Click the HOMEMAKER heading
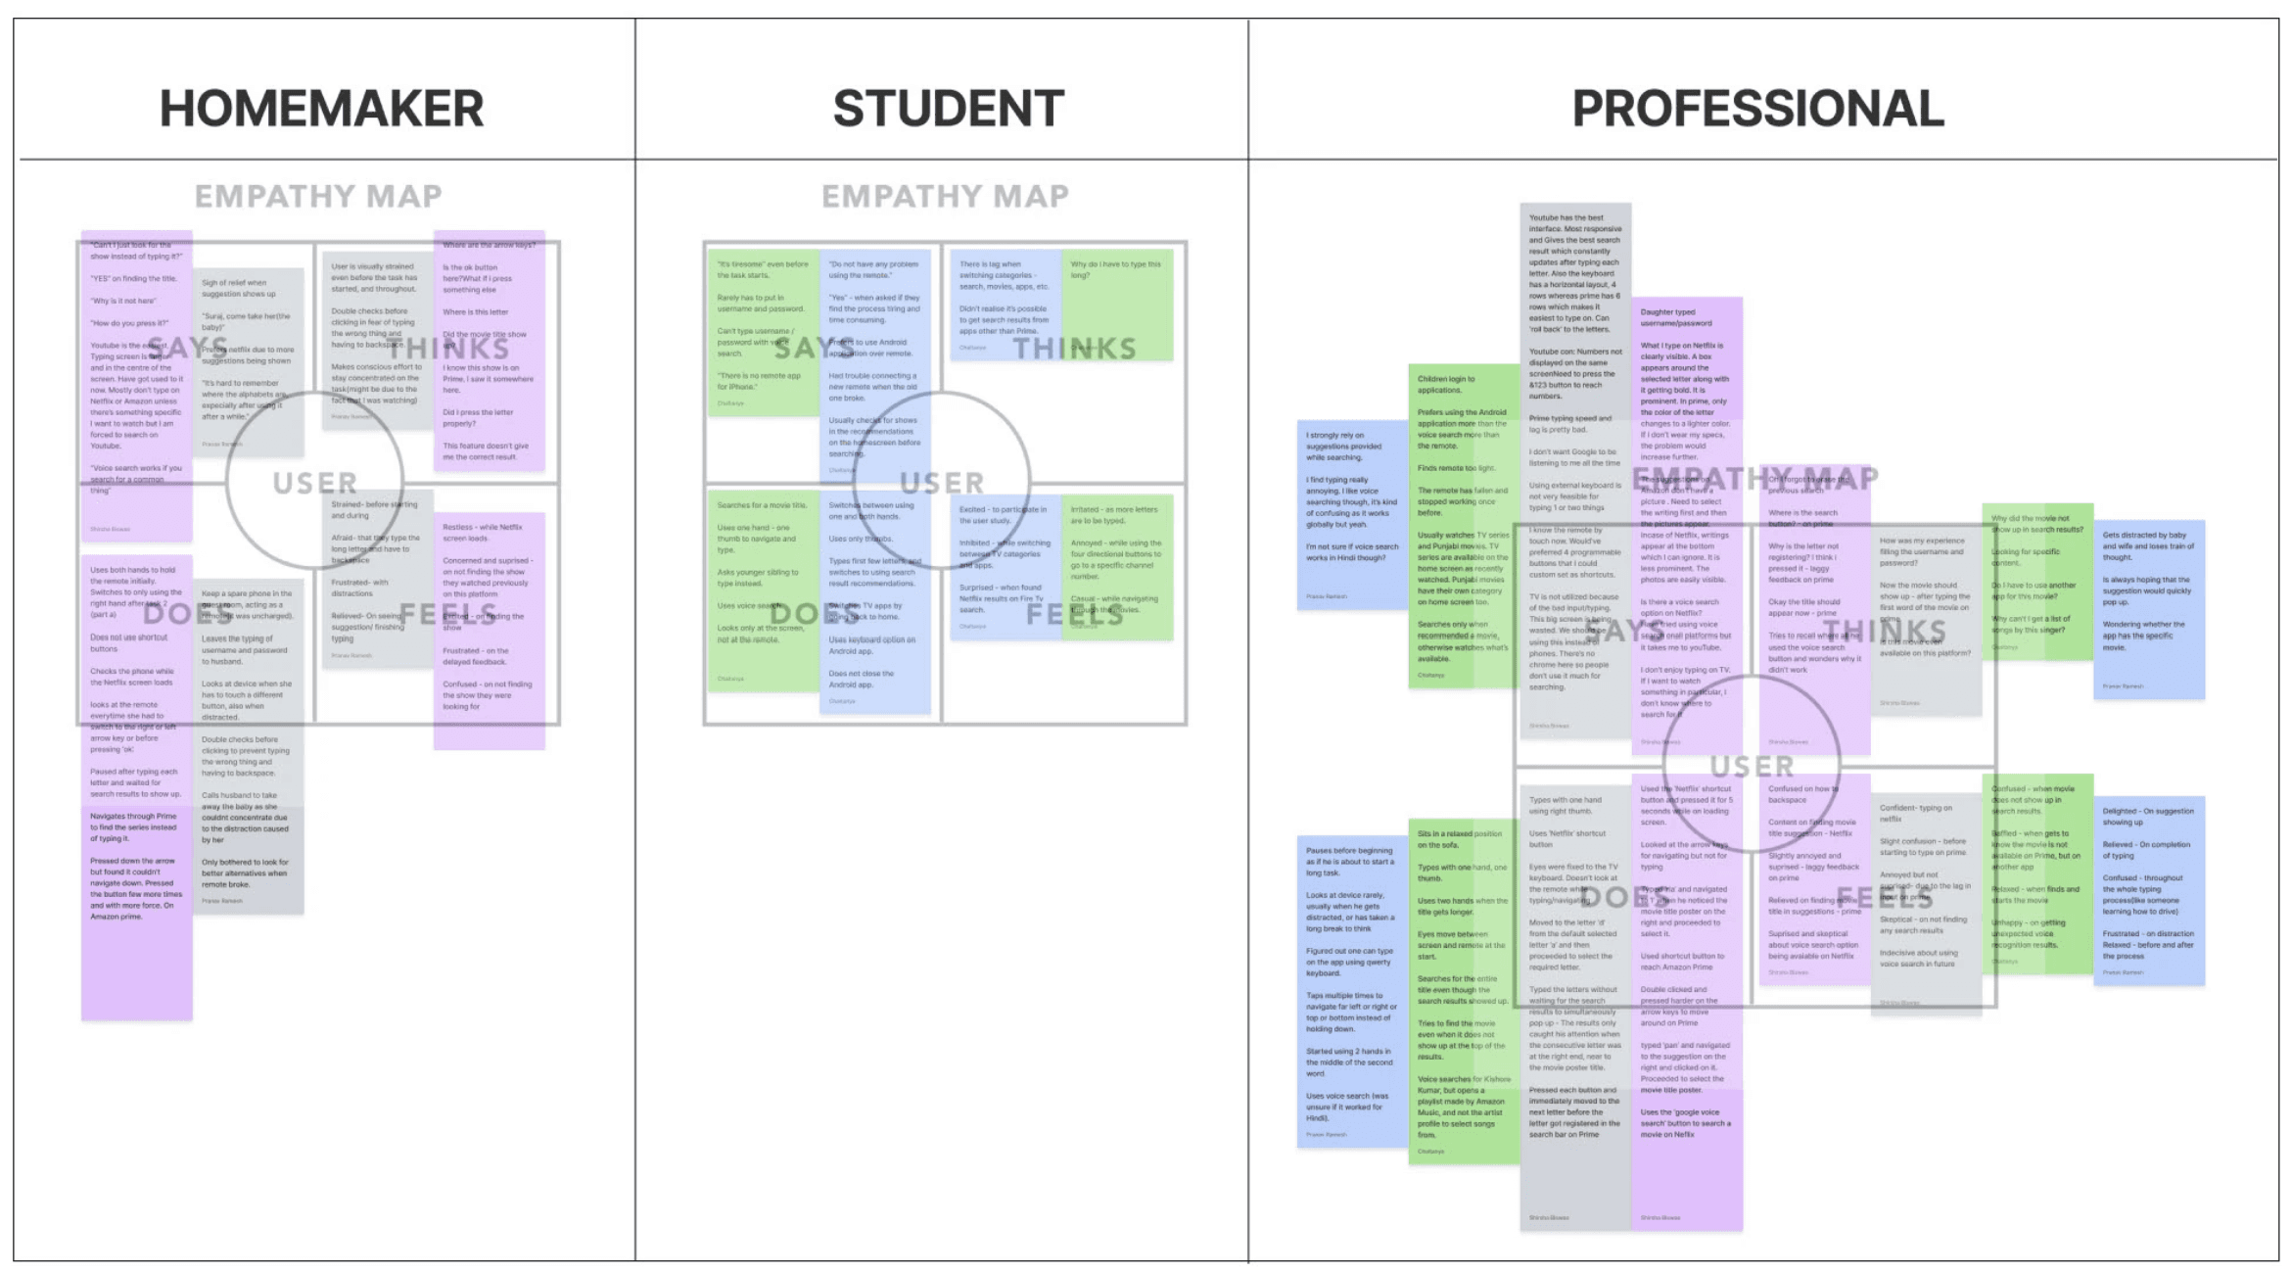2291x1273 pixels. [321, 108]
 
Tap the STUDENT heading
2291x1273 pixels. [948, 108]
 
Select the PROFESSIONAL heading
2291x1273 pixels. [1757, 108]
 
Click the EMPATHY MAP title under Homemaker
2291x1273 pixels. [318, 196]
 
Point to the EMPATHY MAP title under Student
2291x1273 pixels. [945, 196]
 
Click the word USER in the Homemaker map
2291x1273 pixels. [314, 483]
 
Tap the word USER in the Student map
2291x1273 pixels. [942, 483]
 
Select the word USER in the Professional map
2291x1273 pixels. [1752, 766]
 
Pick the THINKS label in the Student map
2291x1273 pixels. [1074, 349]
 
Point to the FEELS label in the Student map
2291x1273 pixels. [1075, 615]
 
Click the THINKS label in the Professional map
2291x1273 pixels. [1884, 632]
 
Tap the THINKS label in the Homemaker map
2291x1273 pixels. [447, 349]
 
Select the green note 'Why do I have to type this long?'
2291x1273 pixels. [1117, 304]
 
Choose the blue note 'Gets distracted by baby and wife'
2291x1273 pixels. [2149, 607]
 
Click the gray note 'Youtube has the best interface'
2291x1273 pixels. [1575, 294]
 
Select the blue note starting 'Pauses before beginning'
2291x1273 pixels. [1352, 989]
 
